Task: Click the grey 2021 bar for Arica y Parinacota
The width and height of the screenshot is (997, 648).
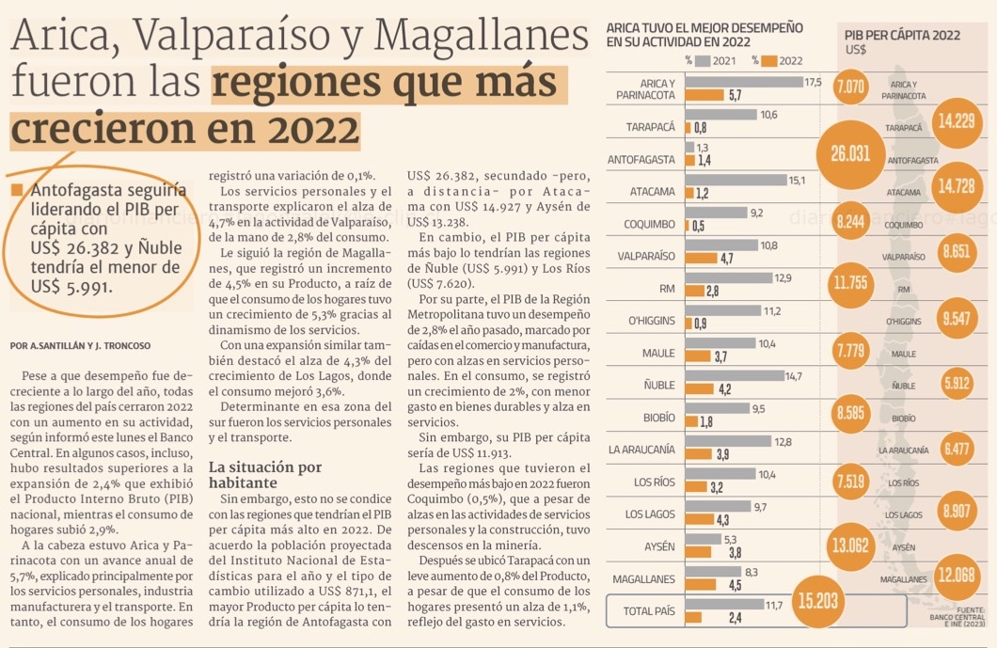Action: pyautogui.click(x=743, y=82)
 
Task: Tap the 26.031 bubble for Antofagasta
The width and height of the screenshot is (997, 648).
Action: pyautogui.click(x=857, y=153)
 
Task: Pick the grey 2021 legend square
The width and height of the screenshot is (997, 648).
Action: pyautogui.click(x=702, y=61)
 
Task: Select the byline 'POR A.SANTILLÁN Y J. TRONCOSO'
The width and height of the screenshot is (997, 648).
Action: pyautogui.click(x=80, y=345)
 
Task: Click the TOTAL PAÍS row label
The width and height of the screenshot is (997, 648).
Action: pyautogui.click(x=649, y=611)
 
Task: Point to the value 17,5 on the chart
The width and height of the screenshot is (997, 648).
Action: pyautogui.click(x=813, y=82)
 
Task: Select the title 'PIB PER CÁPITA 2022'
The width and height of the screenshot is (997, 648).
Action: pyautogui.click(x=902, y=35)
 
